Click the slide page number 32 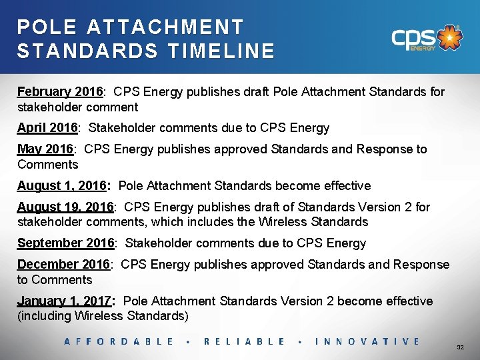pyautogui.click(x=460, y=348)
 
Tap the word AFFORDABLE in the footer pyautogui.click(x=119, y=341)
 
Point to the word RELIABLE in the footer pyautogui.click(x=244, y=341)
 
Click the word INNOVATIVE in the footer pyautogui.click(x=367, y=341)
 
